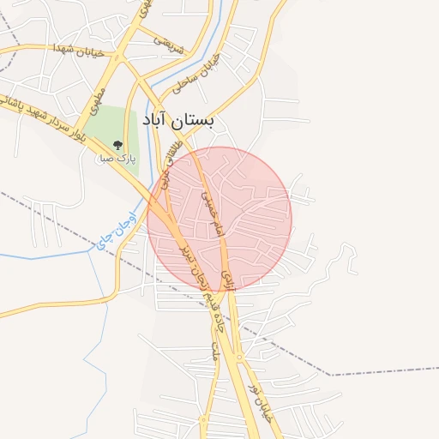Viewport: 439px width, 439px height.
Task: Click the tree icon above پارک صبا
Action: (117, 146)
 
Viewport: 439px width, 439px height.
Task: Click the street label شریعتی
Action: (169, 43)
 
